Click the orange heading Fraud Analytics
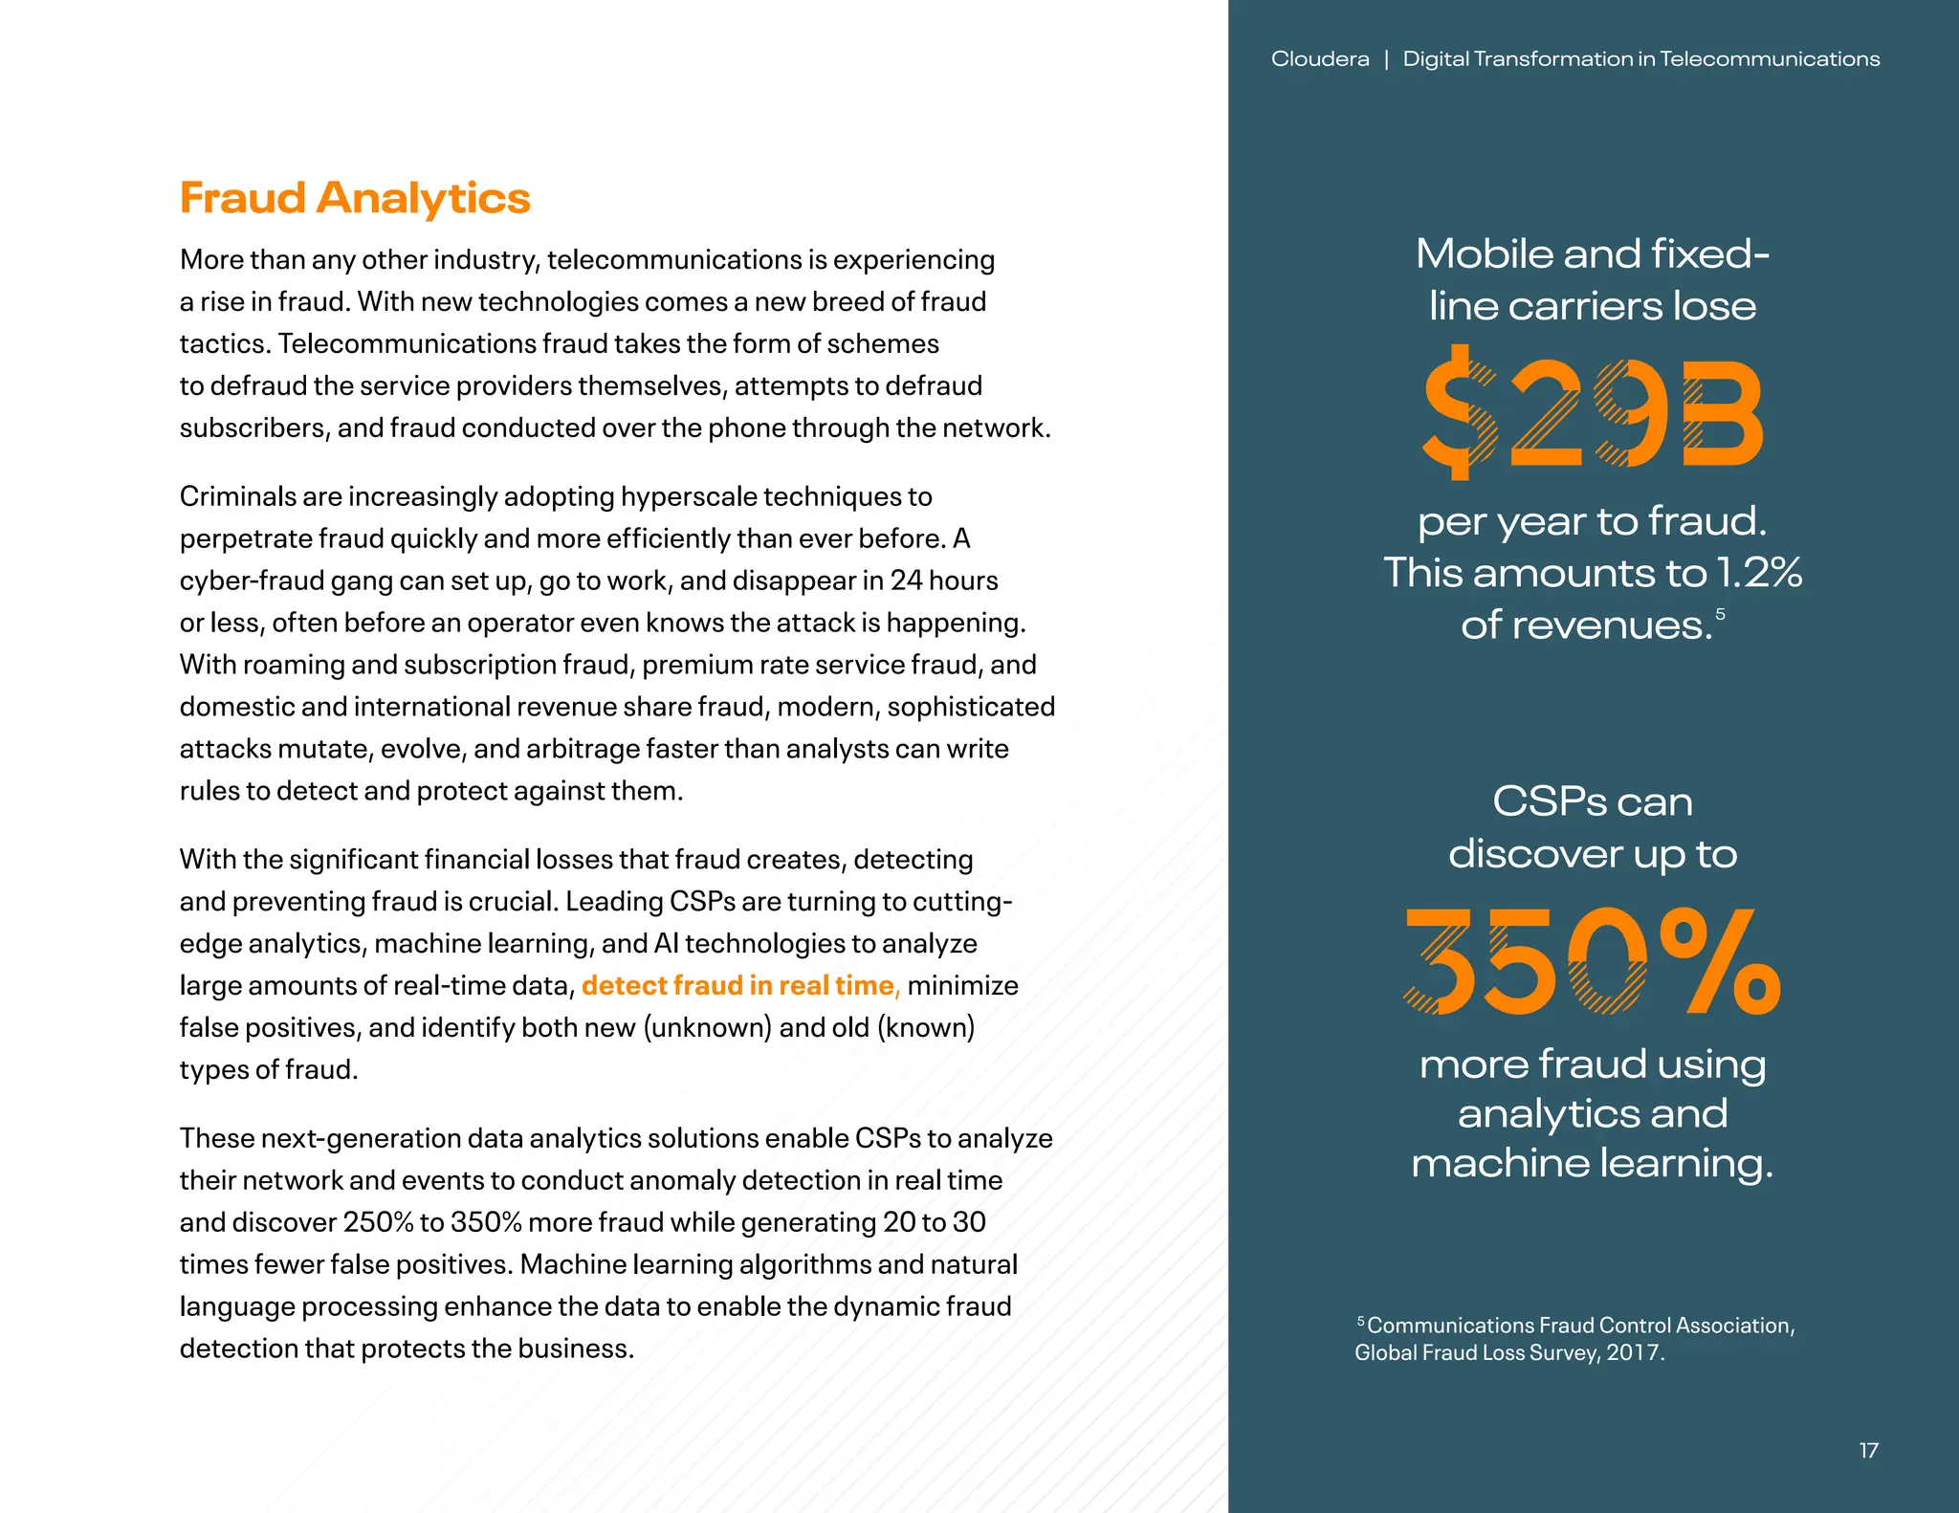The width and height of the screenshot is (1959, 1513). [354, 198]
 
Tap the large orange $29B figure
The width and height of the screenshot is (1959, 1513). [1592, 413]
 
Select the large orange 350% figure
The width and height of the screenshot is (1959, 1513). [1592, 962]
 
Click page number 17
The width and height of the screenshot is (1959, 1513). [1868, 1451]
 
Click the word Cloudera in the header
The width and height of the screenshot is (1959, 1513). [1319, 59]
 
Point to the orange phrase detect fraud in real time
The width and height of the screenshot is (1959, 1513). [740, 985]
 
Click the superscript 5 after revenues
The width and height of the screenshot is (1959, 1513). [1720, 614]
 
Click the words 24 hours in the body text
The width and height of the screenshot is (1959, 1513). [943, 581]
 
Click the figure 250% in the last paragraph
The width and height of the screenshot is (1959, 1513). [378, 1222]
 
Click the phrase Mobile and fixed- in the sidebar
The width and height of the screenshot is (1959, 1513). [1592, 254]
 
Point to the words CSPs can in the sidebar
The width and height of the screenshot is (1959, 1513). [1592, 801]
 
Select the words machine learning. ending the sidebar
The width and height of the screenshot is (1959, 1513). [1592, 1163]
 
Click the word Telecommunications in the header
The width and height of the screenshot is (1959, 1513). [1770, 59]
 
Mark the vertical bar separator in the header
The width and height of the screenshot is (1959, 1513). [1386, 59]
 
